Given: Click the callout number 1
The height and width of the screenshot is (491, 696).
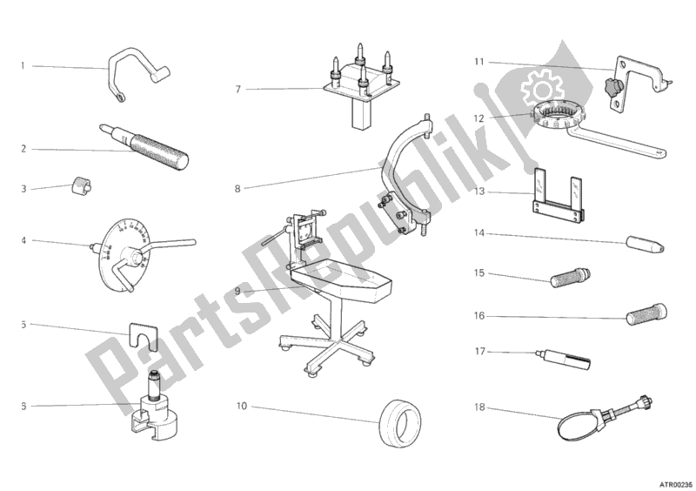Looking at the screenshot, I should (23, 65).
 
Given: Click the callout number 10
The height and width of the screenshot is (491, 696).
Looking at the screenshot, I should (241, 406).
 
